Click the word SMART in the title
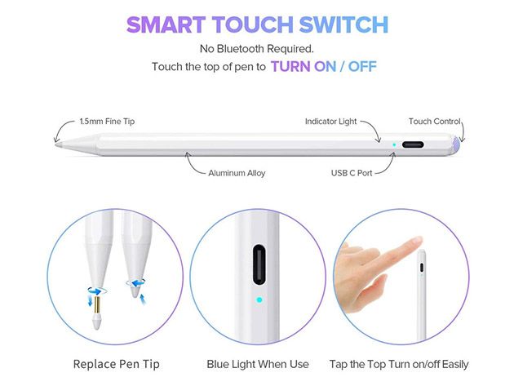(166, 24)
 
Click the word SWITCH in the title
(343, 24)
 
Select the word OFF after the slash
(362, 67)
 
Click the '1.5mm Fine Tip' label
(107, 122)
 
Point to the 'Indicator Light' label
(330, 122)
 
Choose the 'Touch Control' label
(435, 122)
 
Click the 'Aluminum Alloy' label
(237, 173)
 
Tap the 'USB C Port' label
(352, 173)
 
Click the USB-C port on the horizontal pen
(413, 144)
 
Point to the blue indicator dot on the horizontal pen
(394, 144)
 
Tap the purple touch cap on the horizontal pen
(456, 144)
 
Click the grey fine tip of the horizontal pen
(58, 144)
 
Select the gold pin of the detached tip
(97, 304)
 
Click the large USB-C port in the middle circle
(259, 264)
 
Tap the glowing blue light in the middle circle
(259, 299)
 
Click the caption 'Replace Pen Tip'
(117, 364)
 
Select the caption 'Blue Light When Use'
(258, 364)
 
